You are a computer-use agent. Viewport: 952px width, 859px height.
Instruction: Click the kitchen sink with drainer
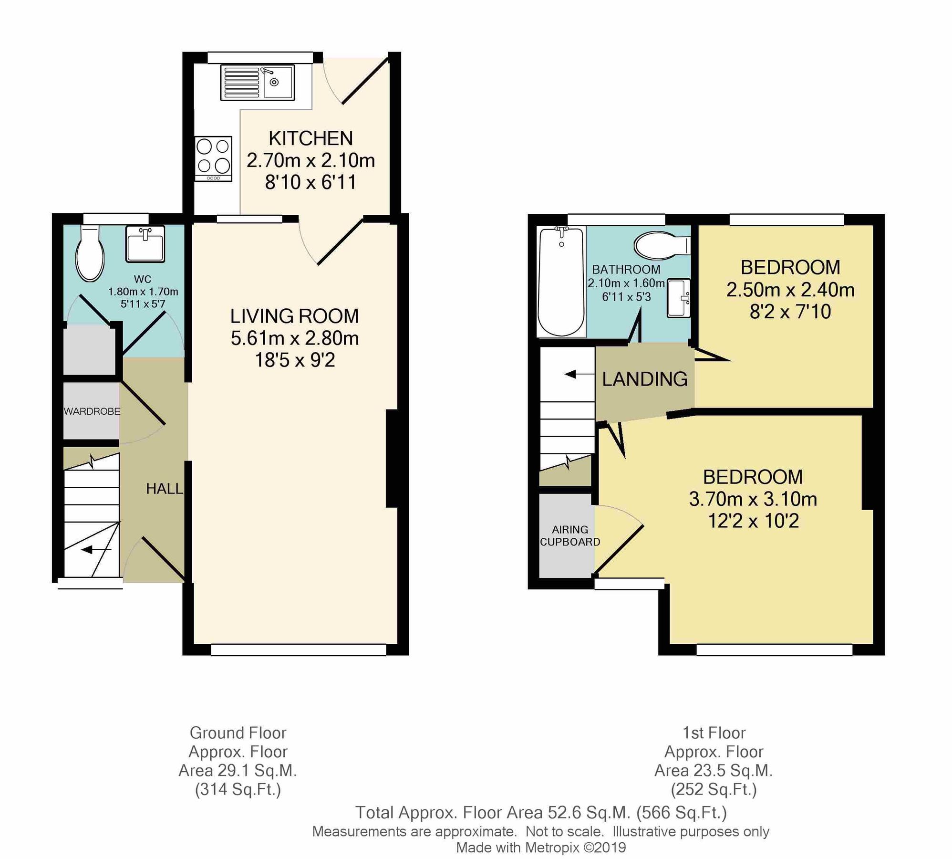tap(258, 83)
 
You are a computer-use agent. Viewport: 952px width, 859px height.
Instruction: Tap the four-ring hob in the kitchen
tap(213, 158)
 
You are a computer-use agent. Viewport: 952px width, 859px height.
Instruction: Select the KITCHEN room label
tap(310, 138)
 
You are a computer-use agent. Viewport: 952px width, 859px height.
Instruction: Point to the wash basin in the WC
tap(145, 244)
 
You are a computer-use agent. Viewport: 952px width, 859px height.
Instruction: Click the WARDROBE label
tap(92, 411)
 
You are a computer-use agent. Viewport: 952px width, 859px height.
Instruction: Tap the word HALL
tap(164, 488)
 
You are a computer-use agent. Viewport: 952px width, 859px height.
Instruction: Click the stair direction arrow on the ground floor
tap(95, 550)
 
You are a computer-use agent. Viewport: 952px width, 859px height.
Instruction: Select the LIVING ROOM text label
tap(294, 316)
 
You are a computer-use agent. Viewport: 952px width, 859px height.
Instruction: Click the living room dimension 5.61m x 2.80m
tap(294, 338)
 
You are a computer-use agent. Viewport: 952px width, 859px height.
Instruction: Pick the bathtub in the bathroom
tap(561, 282)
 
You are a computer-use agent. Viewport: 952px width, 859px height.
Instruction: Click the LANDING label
tap(644, 379)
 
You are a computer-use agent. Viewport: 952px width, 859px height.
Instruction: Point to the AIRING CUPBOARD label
tap(569, 535)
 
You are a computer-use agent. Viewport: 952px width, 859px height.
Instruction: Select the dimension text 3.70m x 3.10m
tap(753, 499)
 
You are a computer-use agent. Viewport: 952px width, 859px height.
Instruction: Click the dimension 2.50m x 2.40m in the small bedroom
tap(790, 290)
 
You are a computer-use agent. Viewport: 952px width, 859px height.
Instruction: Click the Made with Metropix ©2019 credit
tap(541, 848)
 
